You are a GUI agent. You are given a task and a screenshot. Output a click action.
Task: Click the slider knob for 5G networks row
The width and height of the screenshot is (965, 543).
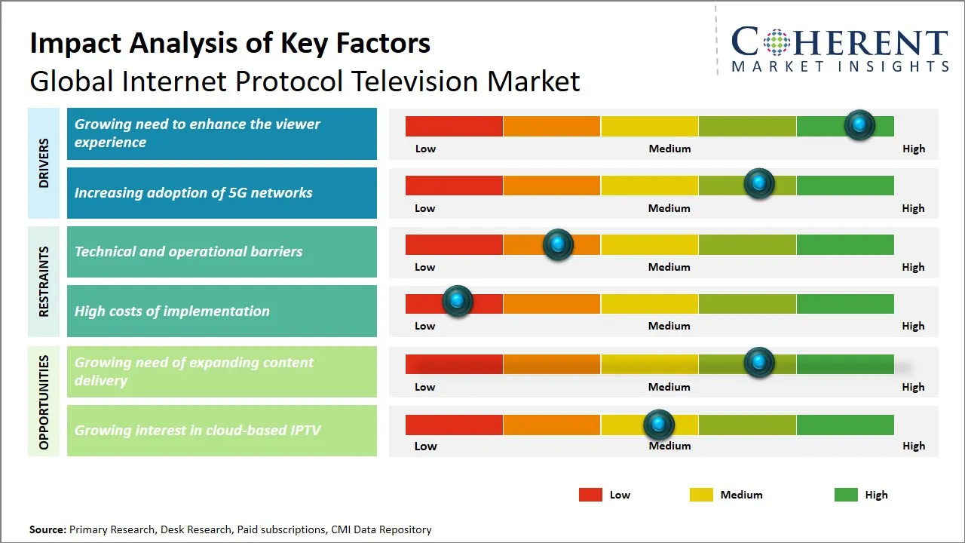tap(759, 184)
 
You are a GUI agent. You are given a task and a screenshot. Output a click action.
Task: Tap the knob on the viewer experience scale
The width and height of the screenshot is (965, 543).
tap(859, 125)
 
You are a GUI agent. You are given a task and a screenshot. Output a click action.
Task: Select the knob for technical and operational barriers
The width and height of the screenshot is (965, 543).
tap(558, 244)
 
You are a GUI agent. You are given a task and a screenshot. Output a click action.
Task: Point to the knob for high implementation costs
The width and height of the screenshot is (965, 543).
tap(457, 301)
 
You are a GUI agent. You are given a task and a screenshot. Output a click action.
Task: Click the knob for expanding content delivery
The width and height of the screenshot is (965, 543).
tap(759, 363)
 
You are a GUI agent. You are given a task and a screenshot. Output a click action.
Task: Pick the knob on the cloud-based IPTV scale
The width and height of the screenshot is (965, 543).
tap(659, 425)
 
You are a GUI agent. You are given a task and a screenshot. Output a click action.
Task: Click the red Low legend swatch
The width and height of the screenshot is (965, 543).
tap(590, 495)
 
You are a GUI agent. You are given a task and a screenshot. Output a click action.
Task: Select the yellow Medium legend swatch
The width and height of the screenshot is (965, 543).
tap(701, 495)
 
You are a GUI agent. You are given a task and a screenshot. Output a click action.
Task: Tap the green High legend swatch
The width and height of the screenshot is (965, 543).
tap(846, 495)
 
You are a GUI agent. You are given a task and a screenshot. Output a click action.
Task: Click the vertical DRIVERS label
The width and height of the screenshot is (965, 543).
tap(44, 163)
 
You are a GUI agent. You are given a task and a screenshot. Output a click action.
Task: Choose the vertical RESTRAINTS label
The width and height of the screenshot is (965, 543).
tap(44, 281)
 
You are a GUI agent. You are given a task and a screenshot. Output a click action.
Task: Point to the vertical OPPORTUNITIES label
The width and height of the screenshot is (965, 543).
tap(44, 403)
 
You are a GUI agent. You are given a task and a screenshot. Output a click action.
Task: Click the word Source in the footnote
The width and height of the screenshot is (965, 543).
tap(47, 529)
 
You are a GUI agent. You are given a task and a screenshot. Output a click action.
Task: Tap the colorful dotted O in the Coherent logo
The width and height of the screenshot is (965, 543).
tap(777, 42)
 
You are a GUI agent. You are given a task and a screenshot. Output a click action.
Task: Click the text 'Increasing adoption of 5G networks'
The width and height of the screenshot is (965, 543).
tap(193, 193)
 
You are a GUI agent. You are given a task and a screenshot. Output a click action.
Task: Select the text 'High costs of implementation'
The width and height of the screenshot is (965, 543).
tap(172, 311)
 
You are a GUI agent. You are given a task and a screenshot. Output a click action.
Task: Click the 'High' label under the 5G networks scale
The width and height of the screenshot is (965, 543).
tap(913, 208)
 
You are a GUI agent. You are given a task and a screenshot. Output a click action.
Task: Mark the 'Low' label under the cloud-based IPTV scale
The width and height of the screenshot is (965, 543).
tap(425, 446)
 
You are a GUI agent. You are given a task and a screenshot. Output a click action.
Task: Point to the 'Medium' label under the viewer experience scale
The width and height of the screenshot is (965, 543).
tap(669, 149)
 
